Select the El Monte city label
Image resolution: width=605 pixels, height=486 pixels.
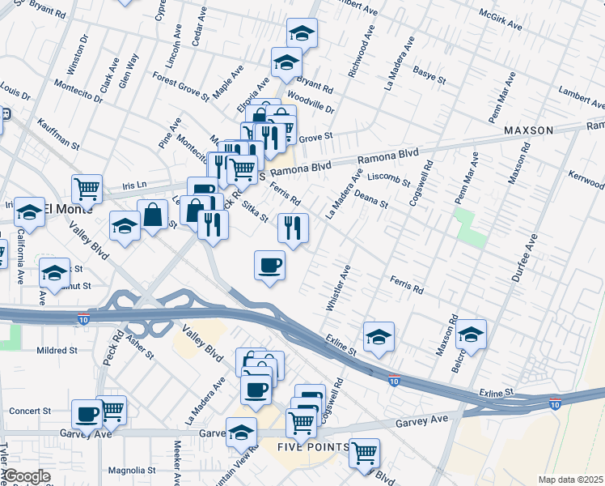pos(69,208)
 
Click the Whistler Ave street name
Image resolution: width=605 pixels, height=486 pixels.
pos(338,289)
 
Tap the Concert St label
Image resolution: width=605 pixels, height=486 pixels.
pos(30,411)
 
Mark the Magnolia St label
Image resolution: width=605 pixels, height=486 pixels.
pos(131,470)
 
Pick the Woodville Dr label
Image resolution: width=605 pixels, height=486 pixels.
pos(311,103)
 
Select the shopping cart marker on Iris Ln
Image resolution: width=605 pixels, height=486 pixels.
pos(87,190)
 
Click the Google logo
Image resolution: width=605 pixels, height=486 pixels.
pos(26,476)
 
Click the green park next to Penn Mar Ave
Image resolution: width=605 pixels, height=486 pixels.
pos(470,227)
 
